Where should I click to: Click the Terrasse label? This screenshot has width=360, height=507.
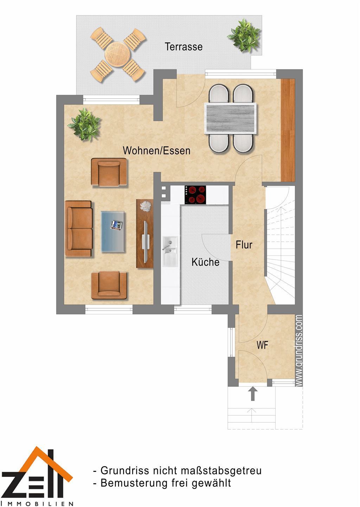(x=184, y=47)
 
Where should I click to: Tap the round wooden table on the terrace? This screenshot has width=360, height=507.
(x=117, y=54)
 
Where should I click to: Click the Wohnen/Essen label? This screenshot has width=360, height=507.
(x=156, y=150)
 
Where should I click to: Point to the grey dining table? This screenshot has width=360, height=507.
(x=231, y=118)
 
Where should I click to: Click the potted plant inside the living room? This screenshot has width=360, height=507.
(x=84, y=124)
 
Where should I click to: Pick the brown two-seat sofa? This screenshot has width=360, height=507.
(x=78, y=229)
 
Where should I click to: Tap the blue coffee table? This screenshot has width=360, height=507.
(x=113, y=231)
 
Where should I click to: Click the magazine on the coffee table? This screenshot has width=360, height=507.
(x=116, y=225)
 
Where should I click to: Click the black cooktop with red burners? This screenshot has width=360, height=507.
(x=195, y=195)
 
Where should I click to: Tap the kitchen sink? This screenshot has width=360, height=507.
(x=170, y=251)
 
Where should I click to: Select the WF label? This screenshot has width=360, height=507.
(x=262, y=345)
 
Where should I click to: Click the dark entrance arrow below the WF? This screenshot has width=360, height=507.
(x=253, y=394)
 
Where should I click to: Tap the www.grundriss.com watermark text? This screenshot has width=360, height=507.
(x=299, y=351)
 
